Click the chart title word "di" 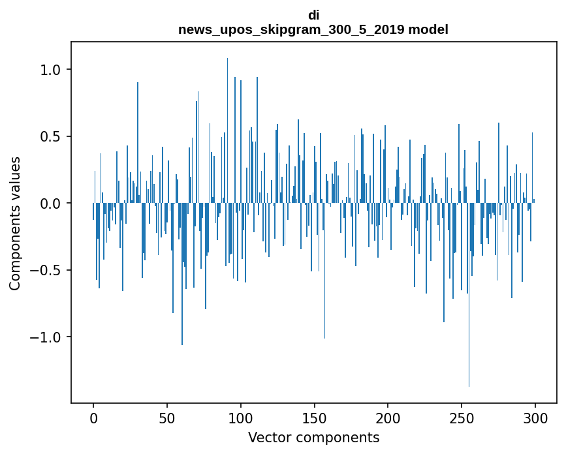(313, 15)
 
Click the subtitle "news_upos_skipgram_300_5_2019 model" (313, 29)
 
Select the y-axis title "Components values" (15, 223)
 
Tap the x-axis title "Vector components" (313, 438)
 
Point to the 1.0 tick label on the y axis (51, 70)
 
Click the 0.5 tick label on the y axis (51, 137)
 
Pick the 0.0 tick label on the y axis (51, 204)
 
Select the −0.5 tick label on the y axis (47, 271)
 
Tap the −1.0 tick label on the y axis (47, 337)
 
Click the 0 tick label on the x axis (93, 417)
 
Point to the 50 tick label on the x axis (167, 417)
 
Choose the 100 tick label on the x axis (241, 417)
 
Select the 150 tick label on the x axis (314, 417)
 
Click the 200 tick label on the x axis (388, 417)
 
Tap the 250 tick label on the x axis (462, 417)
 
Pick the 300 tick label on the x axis (535, 417)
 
